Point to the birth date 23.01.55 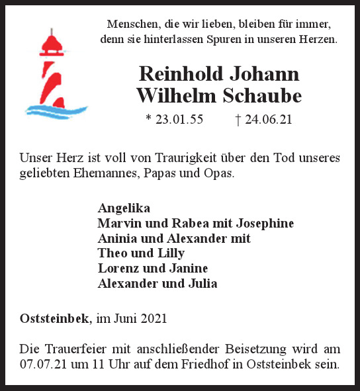tap(178, 120)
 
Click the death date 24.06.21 tap(269, 120)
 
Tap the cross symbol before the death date tap(238, 120)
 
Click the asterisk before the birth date tap(148, 120)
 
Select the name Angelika tap(124, 208)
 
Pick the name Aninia tap(117, 238)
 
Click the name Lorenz tap(118, 269)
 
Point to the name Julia tap(201, 284)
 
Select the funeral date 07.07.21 tap(43, 365)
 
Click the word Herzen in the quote tap(316, 40)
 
